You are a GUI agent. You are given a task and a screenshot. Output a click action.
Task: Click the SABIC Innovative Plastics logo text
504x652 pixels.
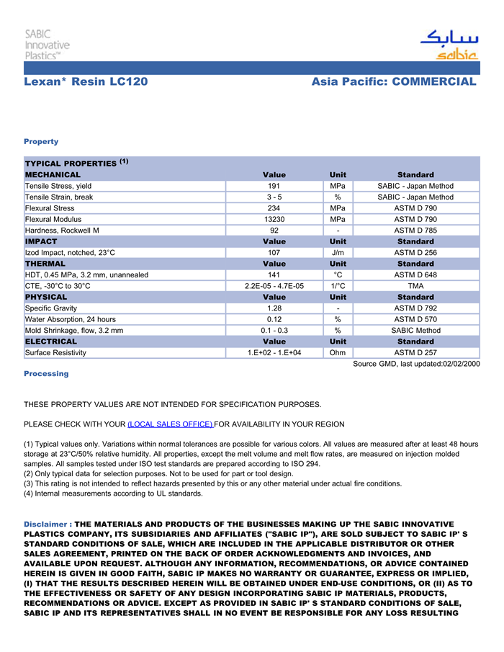[47, 44]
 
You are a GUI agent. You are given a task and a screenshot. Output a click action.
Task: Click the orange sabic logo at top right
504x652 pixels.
[449, 46]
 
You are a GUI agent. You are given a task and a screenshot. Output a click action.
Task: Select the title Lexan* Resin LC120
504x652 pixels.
[86, 82]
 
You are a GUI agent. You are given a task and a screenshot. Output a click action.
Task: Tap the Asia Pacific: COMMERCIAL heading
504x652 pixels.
[394, 82]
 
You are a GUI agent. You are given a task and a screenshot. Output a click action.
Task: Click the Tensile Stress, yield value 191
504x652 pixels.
[274, 186]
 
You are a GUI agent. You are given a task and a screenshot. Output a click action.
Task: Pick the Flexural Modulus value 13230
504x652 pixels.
[274, 219]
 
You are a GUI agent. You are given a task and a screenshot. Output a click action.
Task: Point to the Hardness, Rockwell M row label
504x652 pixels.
[62, 231]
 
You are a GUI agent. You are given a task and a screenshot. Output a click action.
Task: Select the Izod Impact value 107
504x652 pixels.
[274, 253]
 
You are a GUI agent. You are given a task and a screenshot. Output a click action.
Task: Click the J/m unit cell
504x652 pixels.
[337, 253]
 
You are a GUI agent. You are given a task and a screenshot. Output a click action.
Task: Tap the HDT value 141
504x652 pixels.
[274, 274]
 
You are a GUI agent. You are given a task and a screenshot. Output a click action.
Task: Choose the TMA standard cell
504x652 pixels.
[415, 286]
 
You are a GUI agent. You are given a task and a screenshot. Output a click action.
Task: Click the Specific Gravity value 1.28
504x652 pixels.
[274, 308]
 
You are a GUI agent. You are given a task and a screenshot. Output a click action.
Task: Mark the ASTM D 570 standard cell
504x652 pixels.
[415, 319]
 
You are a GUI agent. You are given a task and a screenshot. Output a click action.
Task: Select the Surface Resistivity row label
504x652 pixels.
[55, 353]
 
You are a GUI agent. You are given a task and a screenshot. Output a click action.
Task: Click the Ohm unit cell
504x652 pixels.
[337, 353]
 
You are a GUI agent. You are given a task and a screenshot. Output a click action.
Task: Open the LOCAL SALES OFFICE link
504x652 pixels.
[170, 424]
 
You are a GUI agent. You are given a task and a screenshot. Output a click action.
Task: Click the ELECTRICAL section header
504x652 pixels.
[51, 341]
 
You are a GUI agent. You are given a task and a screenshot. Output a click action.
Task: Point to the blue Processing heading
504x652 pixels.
[46, 374]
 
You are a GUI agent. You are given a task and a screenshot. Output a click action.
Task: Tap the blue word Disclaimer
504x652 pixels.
[46, 524]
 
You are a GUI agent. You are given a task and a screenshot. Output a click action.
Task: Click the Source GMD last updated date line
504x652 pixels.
[415, 365]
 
